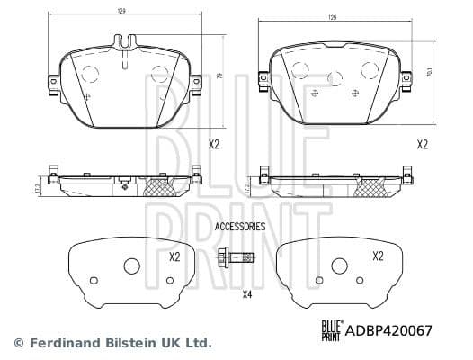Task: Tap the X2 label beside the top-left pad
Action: point(213,143)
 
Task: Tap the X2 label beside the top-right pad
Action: point(422,143)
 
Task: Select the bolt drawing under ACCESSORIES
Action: point(236,260)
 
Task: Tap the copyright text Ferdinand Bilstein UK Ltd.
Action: point(112,343)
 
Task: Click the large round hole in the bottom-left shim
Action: point(131,266)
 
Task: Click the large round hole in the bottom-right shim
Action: point(339,266)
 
